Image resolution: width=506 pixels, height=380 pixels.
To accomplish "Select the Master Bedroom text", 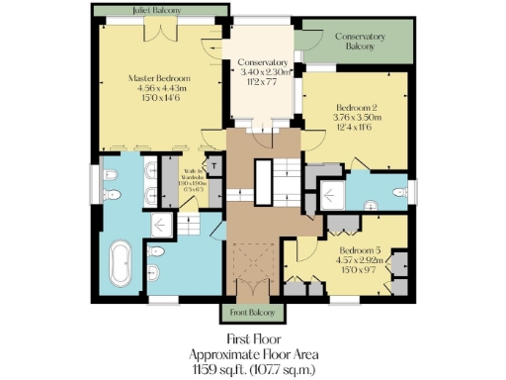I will pyautogui.click(x=160, y=77).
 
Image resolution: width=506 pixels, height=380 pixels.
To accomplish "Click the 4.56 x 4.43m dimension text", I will pyautogui.click(x=160, y=88).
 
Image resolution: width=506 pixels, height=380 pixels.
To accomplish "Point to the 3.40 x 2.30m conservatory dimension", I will pyautogui.click(x=262, y=72).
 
